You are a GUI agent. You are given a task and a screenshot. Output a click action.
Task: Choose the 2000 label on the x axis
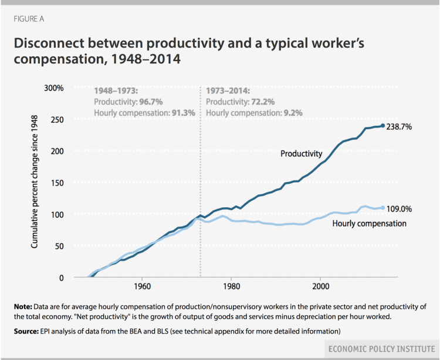tap(320, 287)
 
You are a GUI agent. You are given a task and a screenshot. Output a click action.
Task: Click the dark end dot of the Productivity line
tap(383, 126)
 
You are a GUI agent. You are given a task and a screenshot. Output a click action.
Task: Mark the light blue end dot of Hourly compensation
tap(383, 208)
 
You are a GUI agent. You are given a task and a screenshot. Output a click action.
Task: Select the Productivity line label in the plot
tap(300, 154)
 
